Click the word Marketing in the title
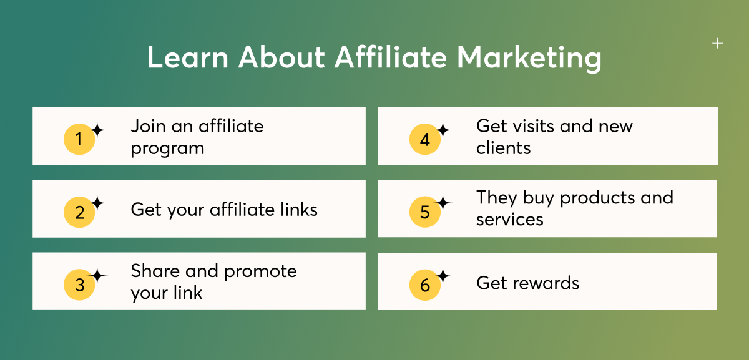point(529,59)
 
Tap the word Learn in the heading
point(188,57)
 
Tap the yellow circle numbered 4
point(425,139)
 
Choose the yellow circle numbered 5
point(425,212)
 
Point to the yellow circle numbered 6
point(425,285)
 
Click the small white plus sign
point(717,44)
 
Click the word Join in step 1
point(148,126)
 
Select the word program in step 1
point(167,149)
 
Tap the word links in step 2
point(299,210)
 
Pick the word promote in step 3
point(260,272)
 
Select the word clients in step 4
point(503,148)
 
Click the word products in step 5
point(597,198)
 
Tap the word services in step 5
point(509,220)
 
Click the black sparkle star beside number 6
point(443,276)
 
